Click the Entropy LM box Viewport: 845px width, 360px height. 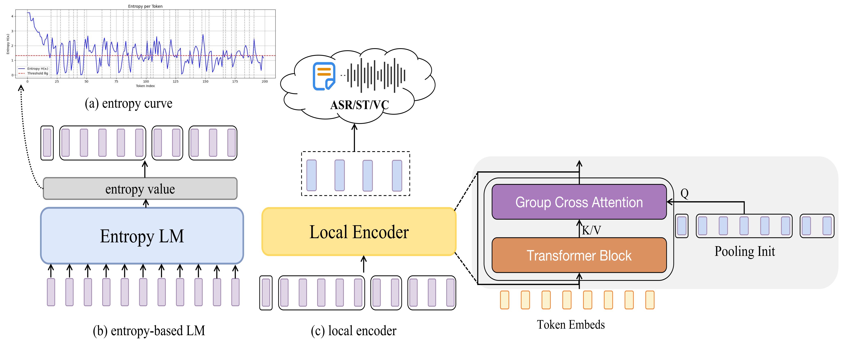pyautogui.click(x=142, y=236)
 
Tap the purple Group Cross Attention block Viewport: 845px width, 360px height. pyautogui.click(x=579, y=202)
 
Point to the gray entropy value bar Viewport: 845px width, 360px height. pyautogui.click(x=140, y=189)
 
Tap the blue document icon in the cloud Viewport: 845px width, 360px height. pyautogui.click(x=324, y=76)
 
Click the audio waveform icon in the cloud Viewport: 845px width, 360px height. pyautogui.click(x=376, y=75)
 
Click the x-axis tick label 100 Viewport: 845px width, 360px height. pyautogui.click(x=146, y=81)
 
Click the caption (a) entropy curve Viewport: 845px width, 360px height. pyautogui.click(x=128, y=103)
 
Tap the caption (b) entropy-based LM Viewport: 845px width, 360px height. pyautogui.click(x=149, y=330)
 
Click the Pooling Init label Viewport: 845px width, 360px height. pyautogui.click(x=745, y=251)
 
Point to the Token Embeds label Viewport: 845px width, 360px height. pyautogui.click(x=571, y=325)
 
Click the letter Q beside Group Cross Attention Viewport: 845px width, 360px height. pyautogui.click(x=685, y=193)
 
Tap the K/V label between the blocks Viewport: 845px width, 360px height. pyautogui.click(x=591, y=230)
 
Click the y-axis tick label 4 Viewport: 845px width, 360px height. pyautogui.click(x=13, y=16)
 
